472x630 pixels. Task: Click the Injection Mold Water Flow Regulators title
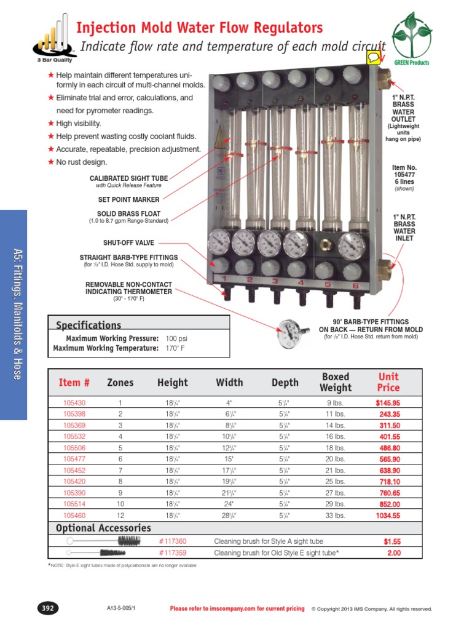[x=199, y=28]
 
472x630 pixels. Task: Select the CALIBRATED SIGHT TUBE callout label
[x=128, y=178]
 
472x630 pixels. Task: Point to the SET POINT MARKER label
[x=128, y=199]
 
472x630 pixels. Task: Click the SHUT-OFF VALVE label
[x=128, y=242]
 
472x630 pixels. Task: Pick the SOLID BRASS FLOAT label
[x=128, y=213]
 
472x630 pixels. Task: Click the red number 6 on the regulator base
[x=355, y=285]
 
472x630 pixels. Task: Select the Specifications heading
[x=88, y=325]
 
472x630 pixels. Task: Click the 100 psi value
[x=176, y=339]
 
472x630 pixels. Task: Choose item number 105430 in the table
[x=74, y=402]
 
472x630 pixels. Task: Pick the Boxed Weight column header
[x=335, y=382]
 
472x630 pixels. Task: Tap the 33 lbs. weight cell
[x=335, y=516]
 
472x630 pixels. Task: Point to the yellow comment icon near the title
[x=373, y=57]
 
